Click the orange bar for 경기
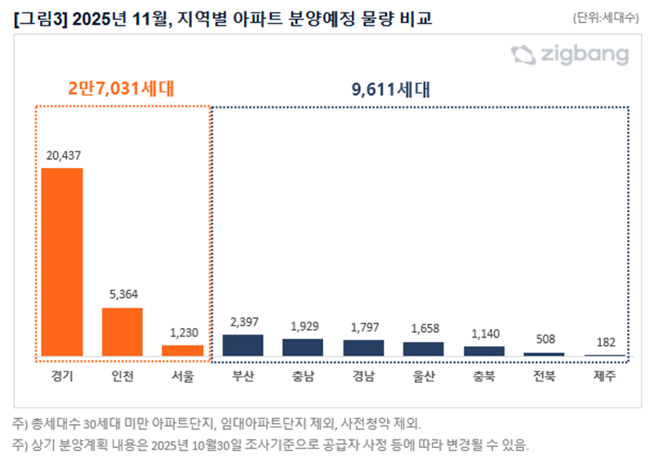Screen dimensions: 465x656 coord(62,262)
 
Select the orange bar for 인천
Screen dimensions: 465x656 coord(122,331)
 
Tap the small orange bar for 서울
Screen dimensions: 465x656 coord(182,350)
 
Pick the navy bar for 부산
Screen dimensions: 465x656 coord(243,345)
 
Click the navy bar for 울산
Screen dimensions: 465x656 coord(423,349)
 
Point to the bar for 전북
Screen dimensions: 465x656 coord(544,354)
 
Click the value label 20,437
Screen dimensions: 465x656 coord(62,155)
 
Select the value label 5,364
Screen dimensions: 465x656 coord(122,294)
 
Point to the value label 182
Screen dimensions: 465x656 coord(604,342)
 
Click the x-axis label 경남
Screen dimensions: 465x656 coord(363,377)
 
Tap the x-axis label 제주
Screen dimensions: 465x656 coord(604,377)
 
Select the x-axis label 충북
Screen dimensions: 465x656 coord(484,377)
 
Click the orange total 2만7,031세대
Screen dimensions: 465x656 coord(121,88)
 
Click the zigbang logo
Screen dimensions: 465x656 coord(570,55)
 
